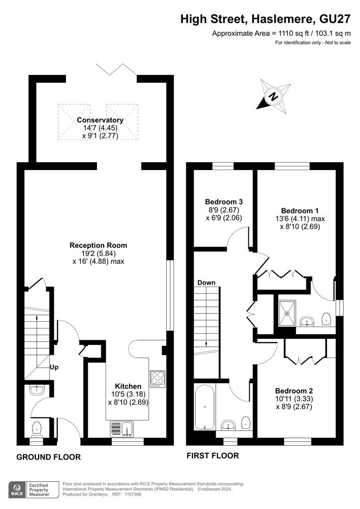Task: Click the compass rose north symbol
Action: pos(274,97)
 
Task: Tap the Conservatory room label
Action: pos(100,120)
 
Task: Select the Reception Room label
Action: pos(98,246)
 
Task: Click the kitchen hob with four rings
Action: pos(157,379)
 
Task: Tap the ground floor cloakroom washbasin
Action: pos(37,390)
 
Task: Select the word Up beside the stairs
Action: pos(54,367)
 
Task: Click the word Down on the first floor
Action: pos(206,283)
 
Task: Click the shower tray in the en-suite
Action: pos(287,313)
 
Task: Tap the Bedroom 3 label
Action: pos(224,202)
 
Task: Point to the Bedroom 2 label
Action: pos(294,391)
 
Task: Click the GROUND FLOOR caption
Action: pos(49,457)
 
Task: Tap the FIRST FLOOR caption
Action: pos(213,456)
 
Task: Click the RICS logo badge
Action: pos(34,490)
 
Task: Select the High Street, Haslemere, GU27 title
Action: pos(266,19)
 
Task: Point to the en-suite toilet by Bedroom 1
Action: pos(326,320)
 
